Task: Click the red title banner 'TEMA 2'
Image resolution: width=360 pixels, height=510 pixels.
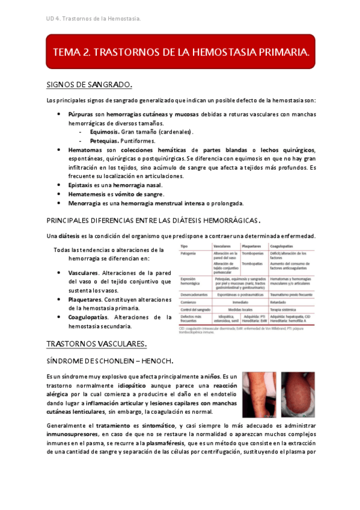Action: [x=181, y=53]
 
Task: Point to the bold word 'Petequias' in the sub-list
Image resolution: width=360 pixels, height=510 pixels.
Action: [x=103, y=140]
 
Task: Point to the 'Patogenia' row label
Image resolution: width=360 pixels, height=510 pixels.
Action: [x=191, y=254]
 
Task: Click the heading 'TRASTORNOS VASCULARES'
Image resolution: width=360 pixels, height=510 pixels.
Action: [x=96, y=343]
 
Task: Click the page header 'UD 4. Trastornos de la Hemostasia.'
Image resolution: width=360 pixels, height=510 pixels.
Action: [x=93, y=19]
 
